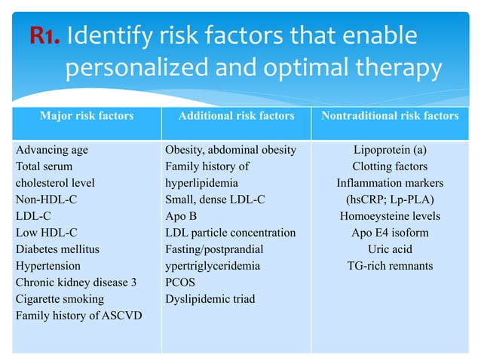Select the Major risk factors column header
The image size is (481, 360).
coord(87,116)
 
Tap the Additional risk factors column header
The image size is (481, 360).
coord(236,116)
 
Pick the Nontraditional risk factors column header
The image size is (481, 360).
coord(390,116)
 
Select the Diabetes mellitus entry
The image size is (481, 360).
coord(57,249)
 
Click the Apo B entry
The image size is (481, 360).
coord(181,215)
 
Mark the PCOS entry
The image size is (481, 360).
coord(180,282)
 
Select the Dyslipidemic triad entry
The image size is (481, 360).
coord(210,298)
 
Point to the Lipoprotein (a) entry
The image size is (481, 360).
coord(390,149)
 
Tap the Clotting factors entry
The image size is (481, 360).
coord(390,166)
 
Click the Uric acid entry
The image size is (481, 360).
coord(390,249)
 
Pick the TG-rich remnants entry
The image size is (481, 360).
coord(390,265)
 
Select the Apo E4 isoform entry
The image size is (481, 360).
coord(390,232)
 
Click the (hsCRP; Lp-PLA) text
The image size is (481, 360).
coord(390,199)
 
